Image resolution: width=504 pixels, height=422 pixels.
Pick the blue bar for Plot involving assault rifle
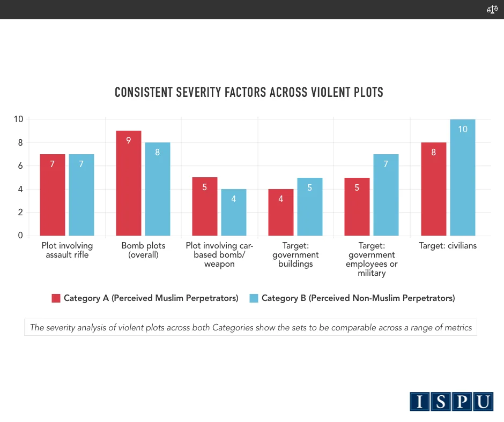click(x=81, y=195)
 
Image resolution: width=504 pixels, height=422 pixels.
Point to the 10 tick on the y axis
click(x=18, y=119)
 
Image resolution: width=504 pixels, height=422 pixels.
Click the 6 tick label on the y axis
click(x=20, y=166)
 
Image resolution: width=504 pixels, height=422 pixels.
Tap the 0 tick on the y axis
click(x=20, y=236)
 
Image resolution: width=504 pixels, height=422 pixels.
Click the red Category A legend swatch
click(x=56, y=298)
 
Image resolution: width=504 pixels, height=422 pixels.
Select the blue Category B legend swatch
click(x=254, y=298)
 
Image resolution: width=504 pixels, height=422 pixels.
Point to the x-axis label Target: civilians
click(x=448, y=246)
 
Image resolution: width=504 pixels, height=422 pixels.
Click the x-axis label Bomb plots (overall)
click(x=143, y=250)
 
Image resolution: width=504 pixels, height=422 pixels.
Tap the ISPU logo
click(x=451, y=402)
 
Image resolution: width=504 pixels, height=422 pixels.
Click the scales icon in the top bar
click(x=492, y=10)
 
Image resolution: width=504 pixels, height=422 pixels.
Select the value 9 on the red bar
click(x=129, y=141)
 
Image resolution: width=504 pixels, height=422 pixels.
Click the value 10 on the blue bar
click(x=463, y=129)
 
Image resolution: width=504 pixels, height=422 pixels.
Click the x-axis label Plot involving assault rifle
click(x=67, y=250)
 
